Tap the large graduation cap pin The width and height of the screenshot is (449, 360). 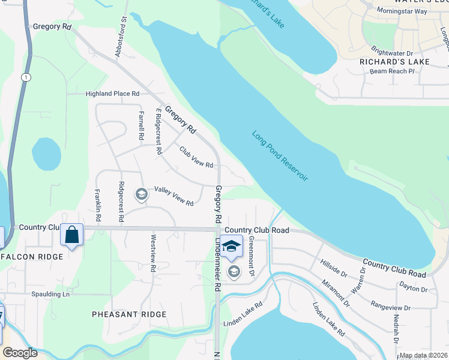[231, 246]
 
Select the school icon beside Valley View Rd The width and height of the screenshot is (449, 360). [141, 194]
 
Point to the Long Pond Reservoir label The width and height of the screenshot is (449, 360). [280, 157]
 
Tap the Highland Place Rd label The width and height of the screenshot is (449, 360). [112, 94]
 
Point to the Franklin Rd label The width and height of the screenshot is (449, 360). [97, 200]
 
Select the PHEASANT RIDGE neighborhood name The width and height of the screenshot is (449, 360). [129, 314]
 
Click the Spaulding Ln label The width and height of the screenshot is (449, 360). [51, 295]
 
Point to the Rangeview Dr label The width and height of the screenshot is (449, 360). [390, 307]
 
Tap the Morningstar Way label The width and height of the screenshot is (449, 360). [402, 11]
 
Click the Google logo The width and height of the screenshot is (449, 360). [20, 353]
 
